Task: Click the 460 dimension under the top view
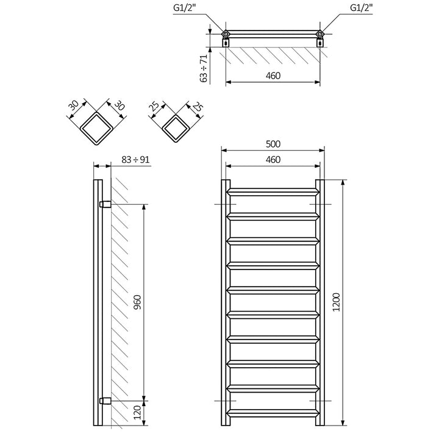[273, 77]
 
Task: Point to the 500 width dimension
[273, 144]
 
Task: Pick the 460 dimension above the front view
[273, 159]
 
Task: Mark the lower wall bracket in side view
[104, 401]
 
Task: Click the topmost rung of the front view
[273, 190]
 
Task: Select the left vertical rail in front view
[225, 302]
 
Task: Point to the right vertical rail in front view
[320, 302]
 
